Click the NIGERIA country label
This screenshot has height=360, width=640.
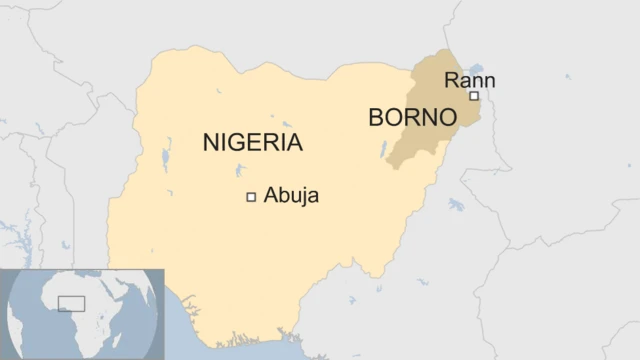pyautogui.click(x=252, y=142)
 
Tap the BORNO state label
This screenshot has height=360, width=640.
pyautogui.click(x=412, y=117)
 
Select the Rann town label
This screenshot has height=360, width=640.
pyautogui.click(x=469, y=81)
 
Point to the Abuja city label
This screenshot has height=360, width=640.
pyautogui.click(x=291, y=196)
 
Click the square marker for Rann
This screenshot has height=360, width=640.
pyautogui.click(x=474, y=96)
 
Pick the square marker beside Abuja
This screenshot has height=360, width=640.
pyautogui.click(x=251, y=197)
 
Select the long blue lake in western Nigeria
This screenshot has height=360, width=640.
pyautogui.click(x=166, y=159)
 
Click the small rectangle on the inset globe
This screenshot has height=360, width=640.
pyautogui.click(x=71, y=303)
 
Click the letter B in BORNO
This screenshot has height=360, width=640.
pyautogui.click(x=376, y=117)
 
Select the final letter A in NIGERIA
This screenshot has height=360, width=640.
pyautogui.click(x=294, y=142)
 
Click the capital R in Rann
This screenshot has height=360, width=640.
pyautogui.click(x=451, y=81)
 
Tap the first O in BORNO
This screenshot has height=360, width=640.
pyautogui.click(x=393, y=117)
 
